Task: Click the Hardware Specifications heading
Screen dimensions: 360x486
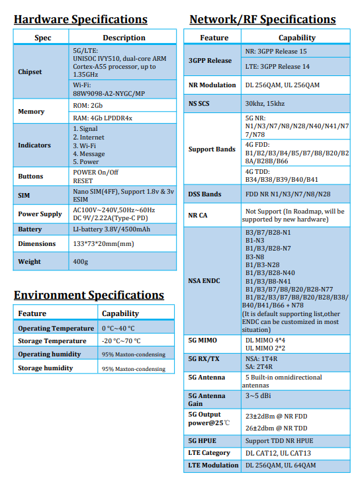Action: click(80, 19)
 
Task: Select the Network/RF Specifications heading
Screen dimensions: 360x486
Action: click(262, 19)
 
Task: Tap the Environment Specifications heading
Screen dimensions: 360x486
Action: click(89, 295)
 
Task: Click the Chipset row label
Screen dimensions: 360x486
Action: click(30, 71)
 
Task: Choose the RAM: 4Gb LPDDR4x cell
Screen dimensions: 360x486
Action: click(103, 118)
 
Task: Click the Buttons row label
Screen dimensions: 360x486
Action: click(30, 177)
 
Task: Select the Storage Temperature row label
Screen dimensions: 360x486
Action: click(52, 341)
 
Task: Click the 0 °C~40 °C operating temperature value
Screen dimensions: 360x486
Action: click(118, 329)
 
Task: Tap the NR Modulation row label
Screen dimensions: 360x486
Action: click(212, 85)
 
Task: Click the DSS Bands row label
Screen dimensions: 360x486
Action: click(204, 194)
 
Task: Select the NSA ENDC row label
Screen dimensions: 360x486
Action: click(204, 280)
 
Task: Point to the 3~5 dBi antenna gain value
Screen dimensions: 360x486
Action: click(257, 395)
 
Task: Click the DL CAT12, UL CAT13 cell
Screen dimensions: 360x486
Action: click(277, 453)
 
